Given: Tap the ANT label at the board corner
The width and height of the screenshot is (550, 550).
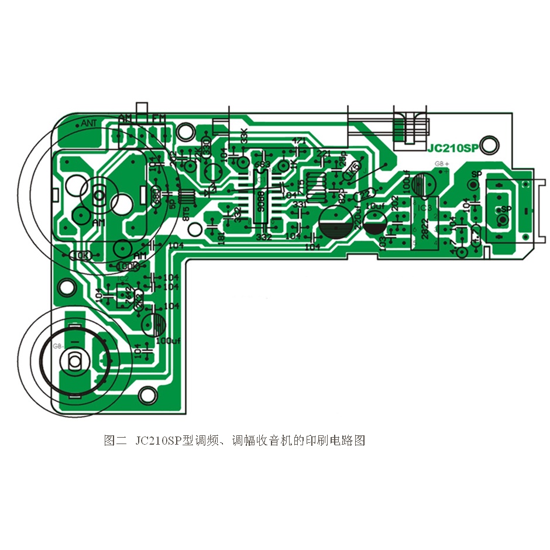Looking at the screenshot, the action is click(x=88, y=123).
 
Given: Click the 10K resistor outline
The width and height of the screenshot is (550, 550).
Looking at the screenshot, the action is click(x=80, y=256).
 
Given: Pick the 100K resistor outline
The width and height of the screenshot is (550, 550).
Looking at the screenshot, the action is click(x=128, y=266).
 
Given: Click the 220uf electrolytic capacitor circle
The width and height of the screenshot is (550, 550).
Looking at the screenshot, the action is click(x=336, y=222).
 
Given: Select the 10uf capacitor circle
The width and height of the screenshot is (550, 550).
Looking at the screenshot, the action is click(x=374, y=219).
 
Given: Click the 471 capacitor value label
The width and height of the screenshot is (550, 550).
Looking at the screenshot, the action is click(x=299, y=141).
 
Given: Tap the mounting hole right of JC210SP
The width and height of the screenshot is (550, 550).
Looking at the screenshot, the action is click(x=491, y=145).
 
